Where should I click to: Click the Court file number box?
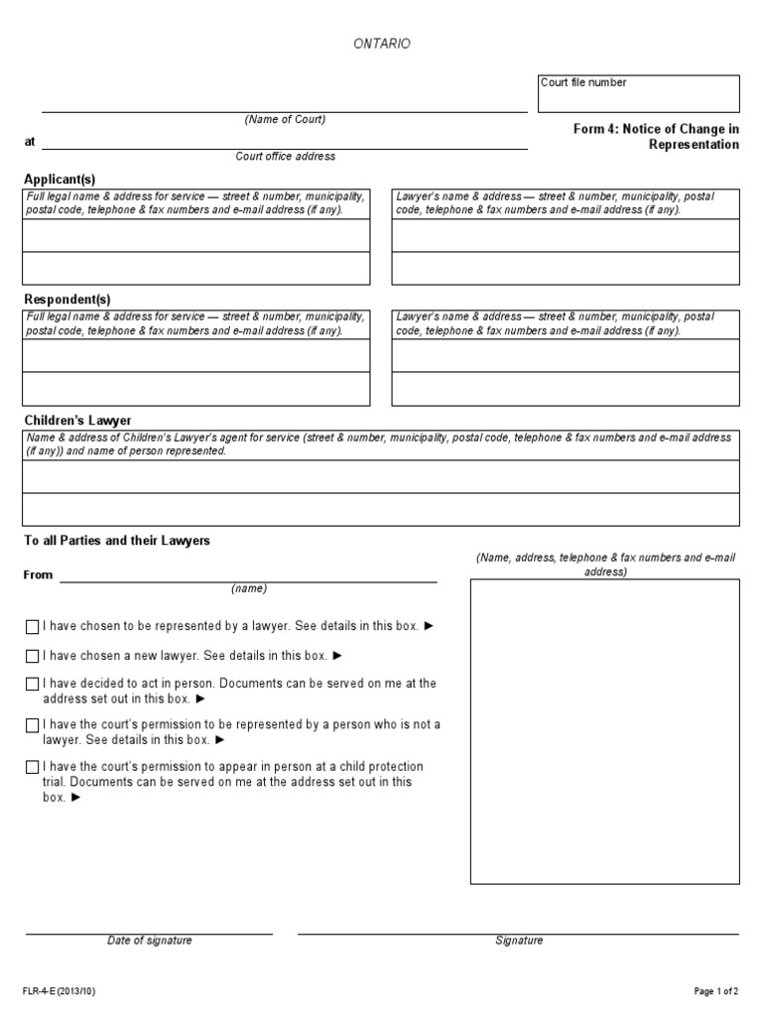click(x=639, y=94)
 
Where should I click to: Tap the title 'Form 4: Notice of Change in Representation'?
click(x=656, y=137)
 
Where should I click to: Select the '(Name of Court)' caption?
click(x=285, y=120)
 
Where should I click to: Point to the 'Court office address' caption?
click(x=285, y=157)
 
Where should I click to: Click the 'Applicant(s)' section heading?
click(x=60, y=179)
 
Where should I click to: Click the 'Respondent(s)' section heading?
click(x=67, y=300)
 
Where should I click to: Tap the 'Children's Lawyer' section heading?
click(x=77, y=421)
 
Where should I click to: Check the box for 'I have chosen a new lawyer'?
click(x=33, y=656)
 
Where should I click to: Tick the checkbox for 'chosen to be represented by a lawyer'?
click(x=33, y=627)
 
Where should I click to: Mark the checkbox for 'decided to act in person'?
click(x=33, y=685)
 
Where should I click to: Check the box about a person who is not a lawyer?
click(x=33, y=725)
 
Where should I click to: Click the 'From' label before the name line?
click(x=39, y=575)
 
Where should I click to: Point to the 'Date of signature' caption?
click(x=150, y=941)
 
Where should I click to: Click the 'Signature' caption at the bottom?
click(x=519, y=941)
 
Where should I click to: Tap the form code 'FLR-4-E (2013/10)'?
click(x=60, y=991)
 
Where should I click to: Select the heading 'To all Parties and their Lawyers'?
click(x=117, y=541)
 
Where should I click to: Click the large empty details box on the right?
click(x=604, y=731)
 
